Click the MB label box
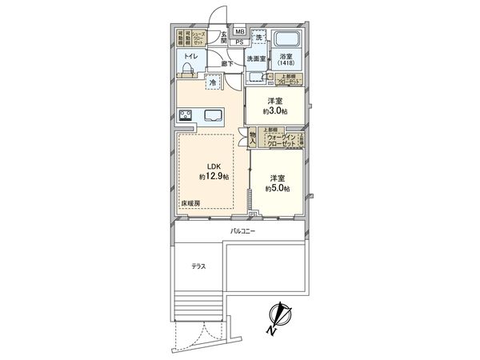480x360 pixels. point(239,33)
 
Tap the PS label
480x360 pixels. point(239,42)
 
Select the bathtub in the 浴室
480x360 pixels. point(286,42)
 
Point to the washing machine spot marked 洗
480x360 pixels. point(258,38)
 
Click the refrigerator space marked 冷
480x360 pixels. point(214,81)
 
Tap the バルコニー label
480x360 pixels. point(242,230)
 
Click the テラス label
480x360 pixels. point(199,266)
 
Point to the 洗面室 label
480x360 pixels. point(256,59)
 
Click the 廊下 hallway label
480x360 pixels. point(227,63)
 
